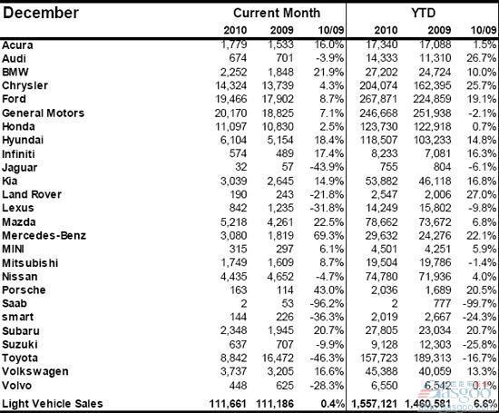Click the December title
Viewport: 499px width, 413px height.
coord(41,13)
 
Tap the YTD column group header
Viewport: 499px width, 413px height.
coord(422,13)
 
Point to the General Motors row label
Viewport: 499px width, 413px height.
coord(43,113)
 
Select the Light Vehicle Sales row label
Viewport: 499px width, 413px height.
coord(53,403)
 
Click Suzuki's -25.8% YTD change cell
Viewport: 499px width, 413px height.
coord(479,344)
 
